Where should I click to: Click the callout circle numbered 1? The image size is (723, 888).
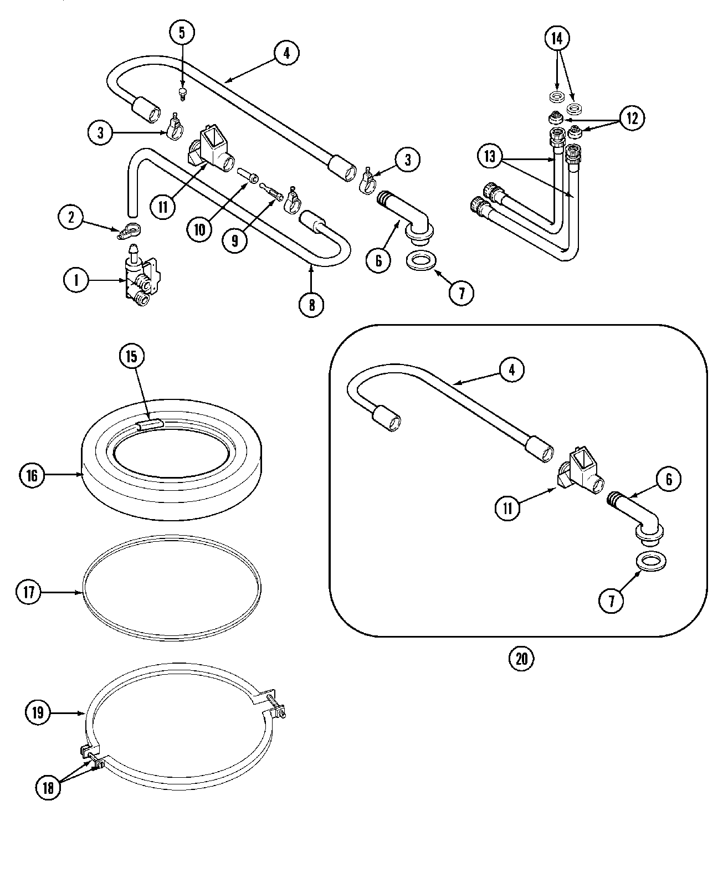pyautogui.click(x=76, y=281)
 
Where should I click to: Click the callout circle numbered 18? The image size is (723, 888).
pyautogui.click(x=48, y=788)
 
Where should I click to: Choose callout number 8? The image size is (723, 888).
pyautogui.click(x=312, y=304)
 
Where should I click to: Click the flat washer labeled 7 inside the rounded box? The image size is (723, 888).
pyautogui.click(x=651, y=561)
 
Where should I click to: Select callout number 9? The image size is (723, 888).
pyautogui.click(x=235, y=240)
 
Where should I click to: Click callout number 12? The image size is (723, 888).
pyautogui.click(x=632, y=117)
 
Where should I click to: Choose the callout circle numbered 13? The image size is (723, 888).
pyautogui.click(x=490, y=157)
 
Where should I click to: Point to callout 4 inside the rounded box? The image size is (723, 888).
pyautogui.click(x=511, y=369)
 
